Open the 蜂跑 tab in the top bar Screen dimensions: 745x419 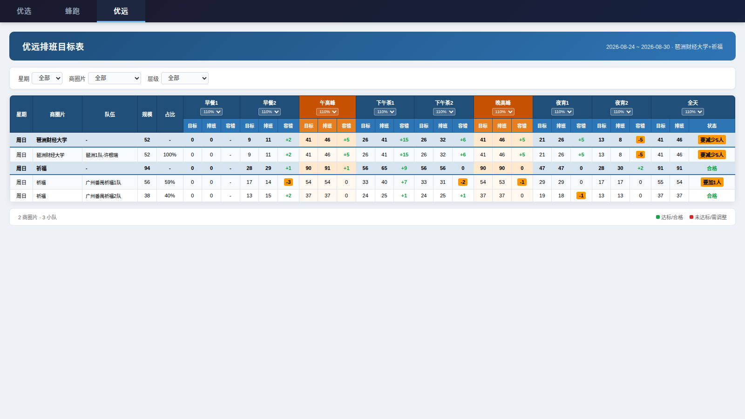72,11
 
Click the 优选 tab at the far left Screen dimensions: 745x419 24,11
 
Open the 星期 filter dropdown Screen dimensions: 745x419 47,78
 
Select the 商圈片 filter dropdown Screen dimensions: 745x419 115,78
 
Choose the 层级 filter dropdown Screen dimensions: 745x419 184,78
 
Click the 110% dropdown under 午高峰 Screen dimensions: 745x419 327,112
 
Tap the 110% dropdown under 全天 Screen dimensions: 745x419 693,112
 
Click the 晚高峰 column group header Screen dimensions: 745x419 503,103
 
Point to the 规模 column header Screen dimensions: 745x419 147,115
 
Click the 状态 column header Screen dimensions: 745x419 712,126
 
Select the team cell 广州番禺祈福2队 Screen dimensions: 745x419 103,196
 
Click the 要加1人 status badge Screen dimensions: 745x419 712,182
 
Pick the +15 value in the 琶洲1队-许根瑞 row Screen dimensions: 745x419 404,155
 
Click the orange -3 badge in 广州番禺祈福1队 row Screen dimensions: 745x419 288,182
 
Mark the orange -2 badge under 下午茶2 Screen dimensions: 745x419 463,182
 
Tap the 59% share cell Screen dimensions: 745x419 169,182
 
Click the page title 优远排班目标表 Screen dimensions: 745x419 53,47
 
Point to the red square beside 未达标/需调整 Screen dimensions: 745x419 691,217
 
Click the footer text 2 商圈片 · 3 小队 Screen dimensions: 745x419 37,217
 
